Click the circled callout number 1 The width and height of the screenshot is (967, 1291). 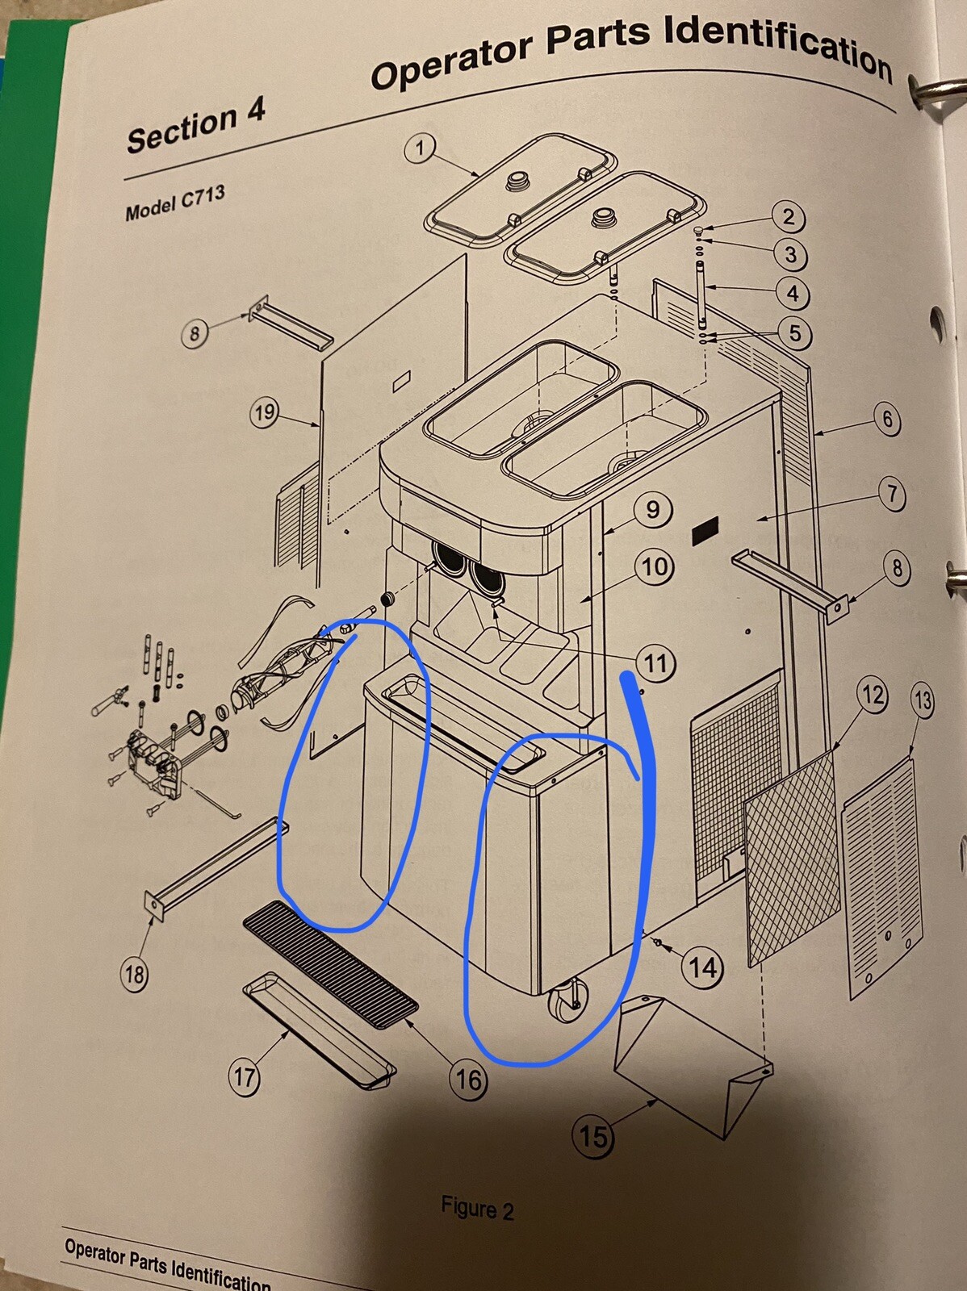(x=420, y=149)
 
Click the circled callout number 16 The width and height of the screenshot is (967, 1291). (x=469, y=1080)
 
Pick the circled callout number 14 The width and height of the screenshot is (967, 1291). (x=704, y=967)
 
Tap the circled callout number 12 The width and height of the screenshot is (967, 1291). (x=873, y=696)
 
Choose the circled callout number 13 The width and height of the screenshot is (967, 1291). (x=923, y=701)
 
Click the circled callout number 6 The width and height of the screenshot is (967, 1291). (x=887, y=420)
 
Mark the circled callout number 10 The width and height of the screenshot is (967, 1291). (x=654, y=567)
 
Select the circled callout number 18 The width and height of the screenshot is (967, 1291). (x=135, y=975)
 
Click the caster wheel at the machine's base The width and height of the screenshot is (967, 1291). (x=566, y=1003)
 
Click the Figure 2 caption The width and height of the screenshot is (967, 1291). (x=477, y=1210)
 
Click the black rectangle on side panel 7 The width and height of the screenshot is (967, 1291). (x=705, y=530)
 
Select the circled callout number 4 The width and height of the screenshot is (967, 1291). (x=793, y=293)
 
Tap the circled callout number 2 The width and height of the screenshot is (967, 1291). (x=788, y=218)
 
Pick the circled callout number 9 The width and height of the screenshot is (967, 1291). (x=653, y=509)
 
